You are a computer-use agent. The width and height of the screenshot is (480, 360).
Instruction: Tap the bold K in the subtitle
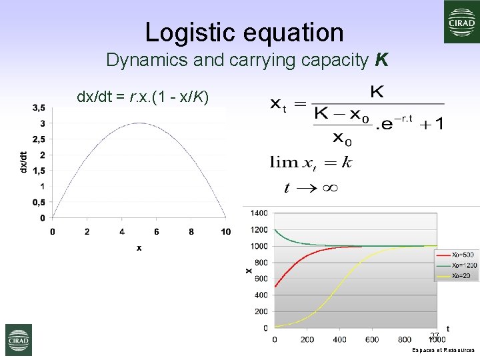[381, 61]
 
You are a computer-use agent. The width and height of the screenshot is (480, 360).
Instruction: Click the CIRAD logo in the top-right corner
[462, 22]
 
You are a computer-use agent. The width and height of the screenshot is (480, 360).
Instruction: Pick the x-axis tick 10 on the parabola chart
[226, 231]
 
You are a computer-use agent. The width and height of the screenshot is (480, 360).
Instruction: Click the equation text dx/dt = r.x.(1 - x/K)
[143, 97]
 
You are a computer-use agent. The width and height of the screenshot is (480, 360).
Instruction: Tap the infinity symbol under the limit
[330, 188]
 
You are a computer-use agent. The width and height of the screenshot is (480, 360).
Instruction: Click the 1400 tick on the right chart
[259, 213]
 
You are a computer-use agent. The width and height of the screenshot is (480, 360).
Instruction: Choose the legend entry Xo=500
[463, 254]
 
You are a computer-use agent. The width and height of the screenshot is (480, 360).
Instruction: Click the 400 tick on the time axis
[339, 339]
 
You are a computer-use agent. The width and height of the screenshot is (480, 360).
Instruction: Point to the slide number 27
[434, 335]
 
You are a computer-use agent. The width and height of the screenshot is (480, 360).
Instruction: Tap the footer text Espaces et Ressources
[443, 350]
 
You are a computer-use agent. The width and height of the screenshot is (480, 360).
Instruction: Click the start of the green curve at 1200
[275, 230]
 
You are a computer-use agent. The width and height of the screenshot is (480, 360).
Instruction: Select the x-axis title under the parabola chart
[139, 248]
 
